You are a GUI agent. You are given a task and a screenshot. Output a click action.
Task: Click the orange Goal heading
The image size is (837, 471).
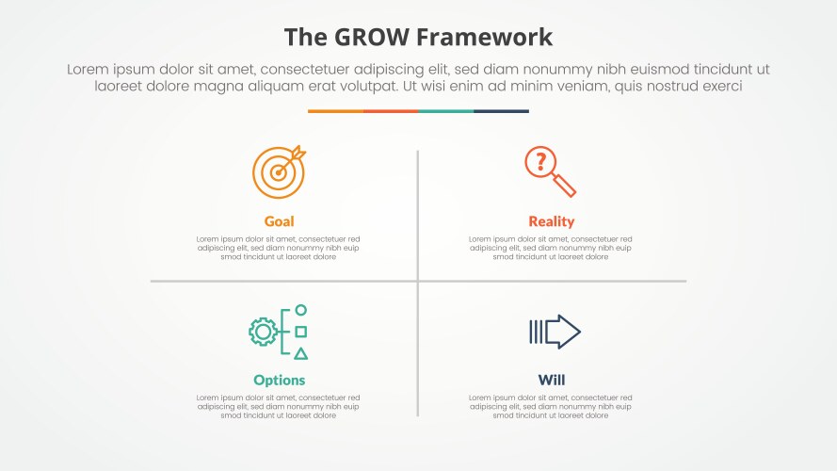click(279, 221)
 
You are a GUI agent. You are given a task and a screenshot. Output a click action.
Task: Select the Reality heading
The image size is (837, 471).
click(551, 221)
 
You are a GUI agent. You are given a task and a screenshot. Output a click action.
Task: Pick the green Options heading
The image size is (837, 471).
click(279, 381)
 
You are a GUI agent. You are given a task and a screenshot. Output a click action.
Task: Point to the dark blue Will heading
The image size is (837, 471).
click(551, 381)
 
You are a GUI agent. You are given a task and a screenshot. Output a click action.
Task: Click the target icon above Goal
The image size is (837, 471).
click(279, 171)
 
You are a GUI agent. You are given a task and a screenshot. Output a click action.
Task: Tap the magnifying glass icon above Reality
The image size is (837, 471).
click(551, 171)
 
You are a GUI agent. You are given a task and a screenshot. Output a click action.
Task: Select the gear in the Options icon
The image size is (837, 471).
click(263, 332)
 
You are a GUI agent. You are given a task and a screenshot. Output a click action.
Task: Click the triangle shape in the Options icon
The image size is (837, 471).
click(300, 353)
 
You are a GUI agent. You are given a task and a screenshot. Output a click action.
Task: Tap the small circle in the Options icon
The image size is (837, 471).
click(300, 310)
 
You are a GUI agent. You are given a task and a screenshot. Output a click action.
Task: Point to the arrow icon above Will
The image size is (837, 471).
click(555, 332)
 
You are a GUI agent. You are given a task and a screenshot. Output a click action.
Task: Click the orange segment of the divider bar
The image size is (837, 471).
click(335, 111)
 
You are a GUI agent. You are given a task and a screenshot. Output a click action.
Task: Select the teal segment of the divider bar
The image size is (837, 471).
click(445, 111)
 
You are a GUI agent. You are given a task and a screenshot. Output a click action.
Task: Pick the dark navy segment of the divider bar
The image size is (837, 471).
click(501, 111)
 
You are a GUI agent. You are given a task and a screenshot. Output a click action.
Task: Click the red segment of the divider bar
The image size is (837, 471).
click(391, 111)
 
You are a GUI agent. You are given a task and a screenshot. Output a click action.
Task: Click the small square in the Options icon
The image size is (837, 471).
click(300, 332)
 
